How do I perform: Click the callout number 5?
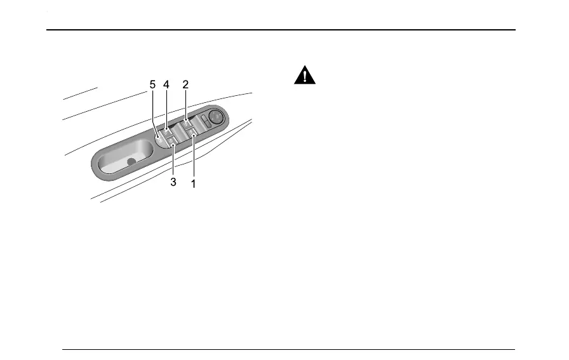pyautogui.click(x=152, y=84)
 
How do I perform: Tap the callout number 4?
pyautogui.click(x=166, y=84)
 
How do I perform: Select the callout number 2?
pyautogui.click(x=185, y=84)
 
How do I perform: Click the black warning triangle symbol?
pyautogui.click(x=305, y=77)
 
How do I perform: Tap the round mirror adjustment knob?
pyautogui.click(x=215, y=116)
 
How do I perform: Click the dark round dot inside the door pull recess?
pyautogui.click(x=131, y=162)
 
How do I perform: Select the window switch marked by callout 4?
pyautogui.click(x=166, y=132)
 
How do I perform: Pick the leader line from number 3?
pyautogui.click(x=173, y=162)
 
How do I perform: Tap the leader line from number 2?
pyautogui.click(x=185, y=105)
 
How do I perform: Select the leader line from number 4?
pyautogui.click(x=166, y=108)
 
